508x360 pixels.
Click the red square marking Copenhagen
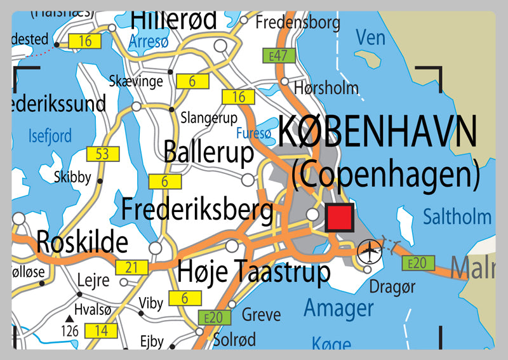[x=338, y=218]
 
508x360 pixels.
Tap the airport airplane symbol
[x=368, y=251]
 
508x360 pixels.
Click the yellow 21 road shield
[x=132, y=268]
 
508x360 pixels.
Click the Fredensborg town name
[x=297, y=23]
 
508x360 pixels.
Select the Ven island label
[x=370, y=37]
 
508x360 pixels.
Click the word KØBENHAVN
[x=377, y=133]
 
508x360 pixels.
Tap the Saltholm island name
[x=457, y=217]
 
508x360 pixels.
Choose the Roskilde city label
[x=82, y=242]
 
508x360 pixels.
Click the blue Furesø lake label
[x=253, y=133]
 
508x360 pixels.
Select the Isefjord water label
[x=51, y=135]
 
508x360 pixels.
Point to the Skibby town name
[x=72, y=177]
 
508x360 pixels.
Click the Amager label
[x=338, y=309]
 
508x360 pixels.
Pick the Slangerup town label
[x=209, y=118]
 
